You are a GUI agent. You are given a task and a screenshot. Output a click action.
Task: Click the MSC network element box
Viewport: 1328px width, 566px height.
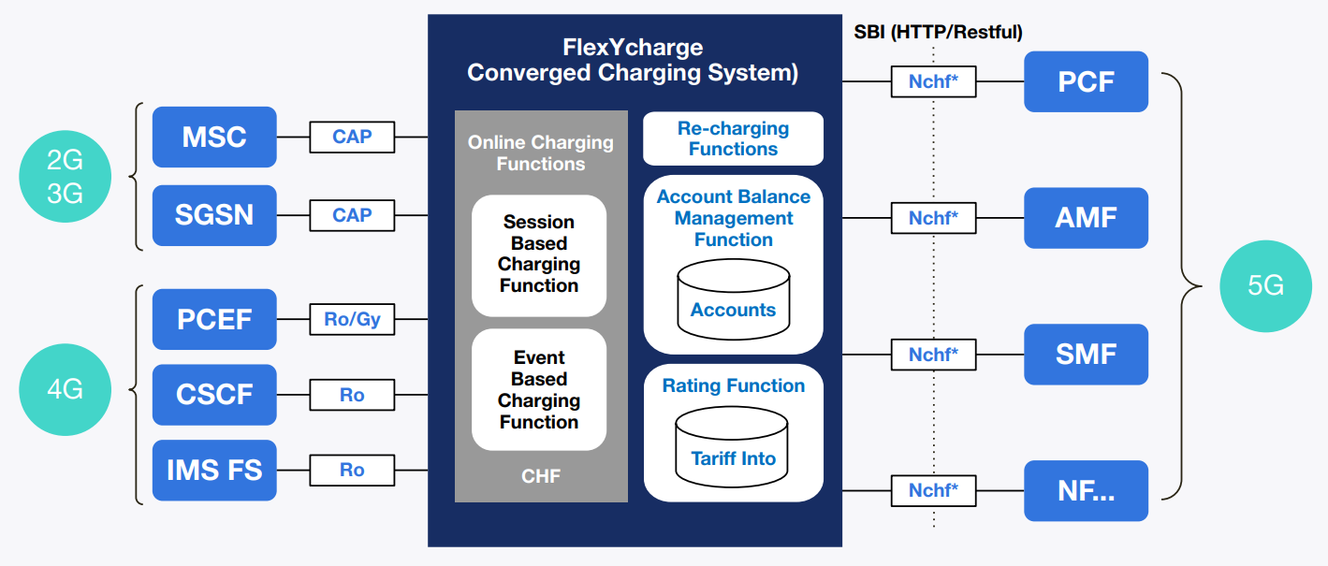click(x=214, y=138)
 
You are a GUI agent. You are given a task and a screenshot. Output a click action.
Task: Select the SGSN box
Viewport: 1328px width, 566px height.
click(x=214, y=215)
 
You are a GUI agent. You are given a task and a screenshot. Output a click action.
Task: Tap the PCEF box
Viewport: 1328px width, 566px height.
click(x=214, y=319)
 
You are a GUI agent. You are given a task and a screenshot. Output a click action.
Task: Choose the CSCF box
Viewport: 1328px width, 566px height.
click(x=214, y=394)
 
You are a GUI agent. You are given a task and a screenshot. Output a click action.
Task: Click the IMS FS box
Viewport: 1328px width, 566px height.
click(x=214, y=470)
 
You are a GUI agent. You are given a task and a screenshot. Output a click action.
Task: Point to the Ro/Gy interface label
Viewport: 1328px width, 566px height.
click(x=352, y=320)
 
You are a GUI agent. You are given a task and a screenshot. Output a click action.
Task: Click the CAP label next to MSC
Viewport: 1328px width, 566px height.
click(x=352, y=137)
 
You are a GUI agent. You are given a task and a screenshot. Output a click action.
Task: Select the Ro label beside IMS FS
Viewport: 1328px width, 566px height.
click(x=352, y=470)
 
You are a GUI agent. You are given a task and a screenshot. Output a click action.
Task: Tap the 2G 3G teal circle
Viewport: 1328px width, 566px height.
click(x=65, y=177)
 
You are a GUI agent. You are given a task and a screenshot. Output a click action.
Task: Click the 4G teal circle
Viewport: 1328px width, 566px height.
click(x=65, y=389)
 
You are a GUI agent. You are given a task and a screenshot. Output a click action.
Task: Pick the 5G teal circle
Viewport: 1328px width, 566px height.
click(x=1266, y=285)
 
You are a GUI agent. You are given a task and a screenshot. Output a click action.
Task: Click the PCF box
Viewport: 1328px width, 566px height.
click(x=1086, y=81)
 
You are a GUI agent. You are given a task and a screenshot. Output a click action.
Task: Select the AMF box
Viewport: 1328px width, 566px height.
click(x=1086, y=218)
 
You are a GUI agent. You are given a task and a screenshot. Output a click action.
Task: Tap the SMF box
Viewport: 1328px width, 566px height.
click(x=1086, y=355)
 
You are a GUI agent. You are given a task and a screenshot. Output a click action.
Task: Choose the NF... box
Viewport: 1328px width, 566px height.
click(x=1086, y=490)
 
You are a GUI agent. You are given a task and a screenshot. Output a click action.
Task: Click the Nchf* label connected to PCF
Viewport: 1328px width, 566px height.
click(x=933, y=81)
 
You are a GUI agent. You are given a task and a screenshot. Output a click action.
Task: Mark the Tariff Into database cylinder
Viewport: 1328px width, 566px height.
click(x=733, y=449)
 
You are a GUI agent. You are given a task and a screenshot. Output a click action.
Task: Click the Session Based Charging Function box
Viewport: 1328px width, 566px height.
click(x=539, y=254)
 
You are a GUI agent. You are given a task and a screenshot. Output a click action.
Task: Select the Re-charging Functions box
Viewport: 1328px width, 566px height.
click(x=733, y=138)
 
